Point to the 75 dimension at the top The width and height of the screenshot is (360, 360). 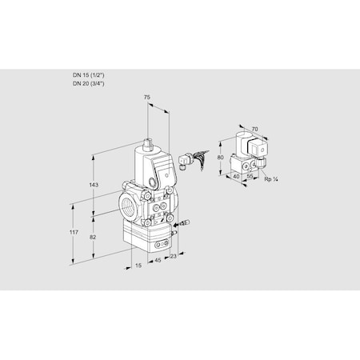coord(147,98)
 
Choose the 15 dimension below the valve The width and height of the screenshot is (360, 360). coord(138,265)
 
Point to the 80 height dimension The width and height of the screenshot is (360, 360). coord(222,158)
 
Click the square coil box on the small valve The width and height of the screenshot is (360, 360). coord(258,150)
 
